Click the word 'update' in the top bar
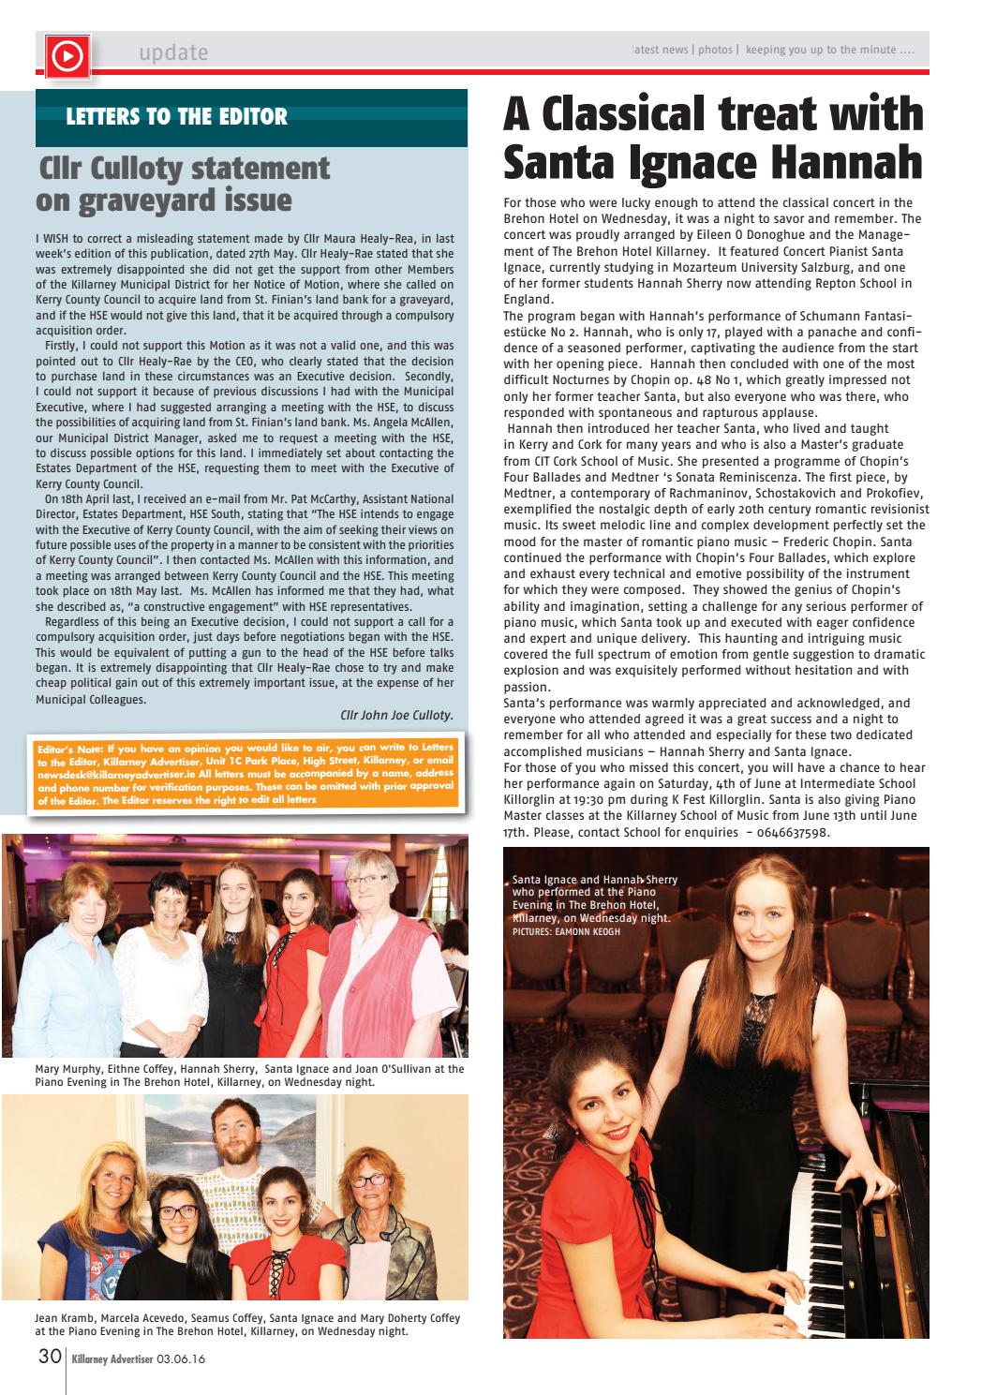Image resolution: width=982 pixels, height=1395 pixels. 173,52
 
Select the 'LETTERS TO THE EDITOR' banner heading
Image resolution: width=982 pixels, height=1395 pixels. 177,117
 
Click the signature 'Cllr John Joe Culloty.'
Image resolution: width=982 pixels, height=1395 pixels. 396,715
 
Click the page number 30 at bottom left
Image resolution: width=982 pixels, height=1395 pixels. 49,1356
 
